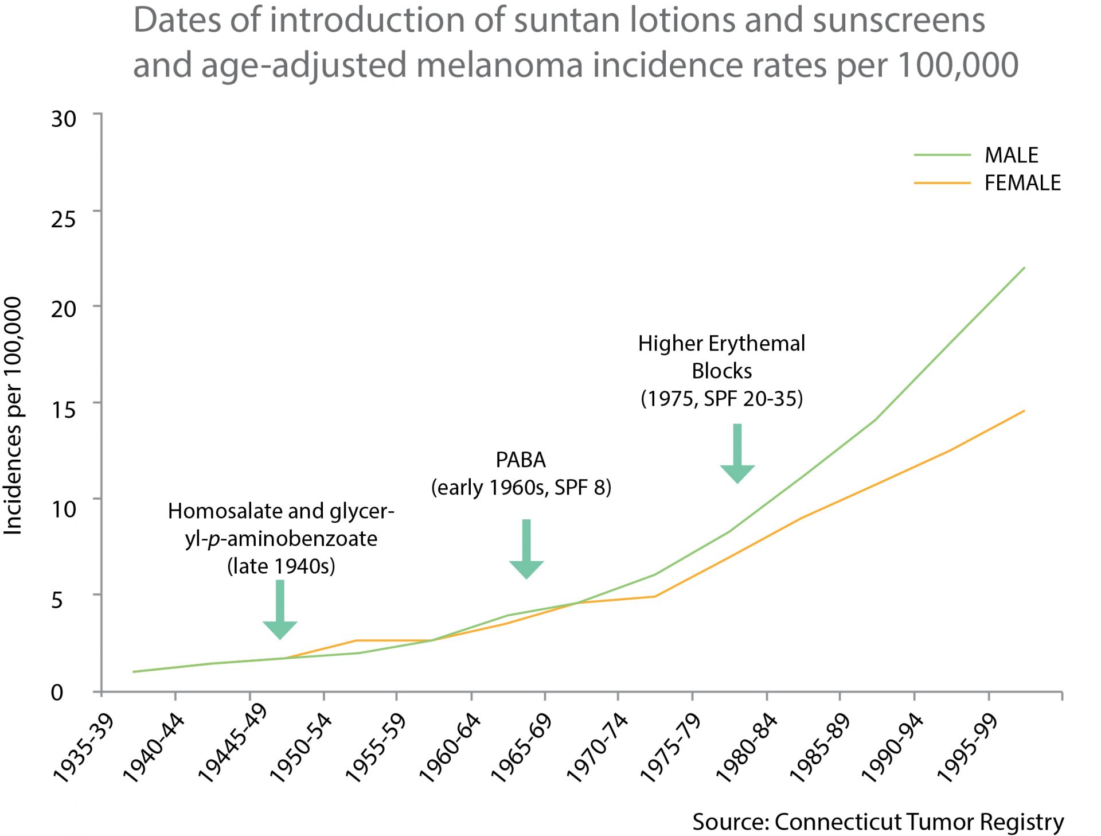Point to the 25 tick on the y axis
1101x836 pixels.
(63, 219)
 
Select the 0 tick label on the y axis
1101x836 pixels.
(57, 693)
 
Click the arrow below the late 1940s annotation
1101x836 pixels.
(280, 611)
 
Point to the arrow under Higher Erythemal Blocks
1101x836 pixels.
(737, 454)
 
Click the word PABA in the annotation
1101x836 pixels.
(521, 460)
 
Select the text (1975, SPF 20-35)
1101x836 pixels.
(721, 398)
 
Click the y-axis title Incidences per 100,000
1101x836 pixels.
(13, 416)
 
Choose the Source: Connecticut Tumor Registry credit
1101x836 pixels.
(877, 821)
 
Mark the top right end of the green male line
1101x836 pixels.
(1024, 268)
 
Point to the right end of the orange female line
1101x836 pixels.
(1024, 411)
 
